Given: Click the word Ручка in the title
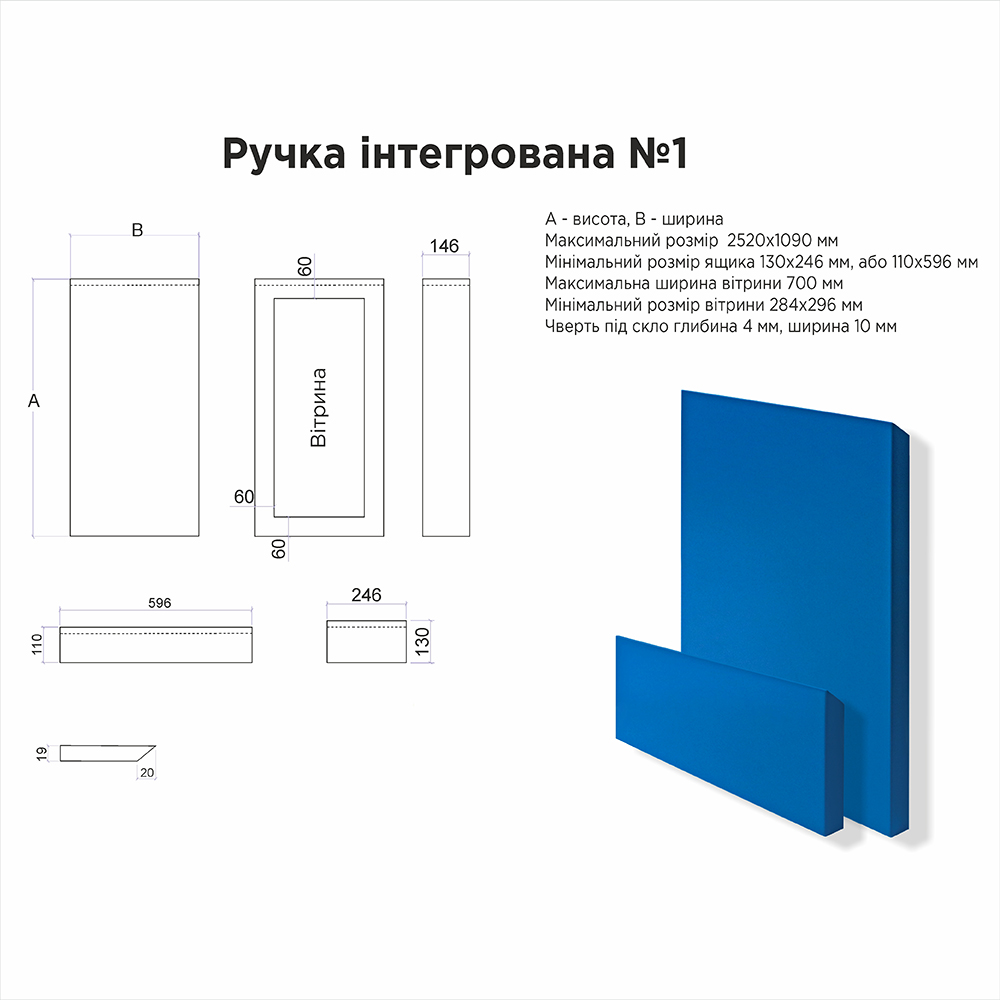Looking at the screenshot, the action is point(284,154).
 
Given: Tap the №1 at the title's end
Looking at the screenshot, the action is point(658,152).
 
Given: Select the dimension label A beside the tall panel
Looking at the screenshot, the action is point(34,401).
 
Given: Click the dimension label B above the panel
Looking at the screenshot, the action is point(137,230).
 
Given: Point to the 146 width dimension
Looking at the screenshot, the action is point(444,246).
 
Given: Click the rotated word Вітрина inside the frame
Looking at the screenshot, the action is point(318,408).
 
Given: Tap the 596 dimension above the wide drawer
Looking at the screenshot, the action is point(159,603).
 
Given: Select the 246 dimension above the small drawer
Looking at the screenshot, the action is point(366,594).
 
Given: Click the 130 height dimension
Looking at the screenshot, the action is point(422,641).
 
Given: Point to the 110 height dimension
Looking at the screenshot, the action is point(37,644).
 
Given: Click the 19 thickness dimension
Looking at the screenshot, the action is point(41,754).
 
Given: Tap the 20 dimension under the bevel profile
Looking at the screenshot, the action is point(147,772).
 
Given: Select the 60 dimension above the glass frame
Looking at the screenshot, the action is point(305,266).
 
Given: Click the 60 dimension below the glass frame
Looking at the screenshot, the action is point(279,548).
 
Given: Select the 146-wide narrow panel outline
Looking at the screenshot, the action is point(446,407).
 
